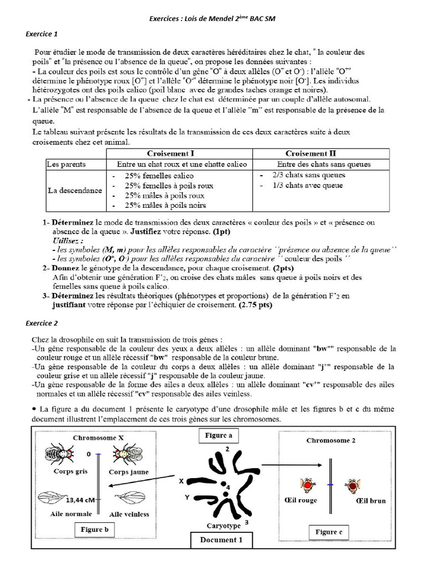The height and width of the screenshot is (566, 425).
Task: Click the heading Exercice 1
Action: click(x=42, y=34)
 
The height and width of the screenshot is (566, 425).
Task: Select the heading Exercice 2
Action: click(x=42, y=322)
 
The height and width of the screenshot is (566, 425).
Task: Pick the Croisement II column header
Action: click(x=310, y=153)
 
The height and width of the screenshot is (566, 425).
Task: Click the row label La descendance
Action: click(x=74, y=190)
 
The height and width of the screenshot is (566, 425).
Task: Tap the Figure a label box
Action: click(x=218, y=436)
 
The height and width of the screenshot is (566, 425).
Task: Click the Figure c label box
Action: click(x=329, y=532)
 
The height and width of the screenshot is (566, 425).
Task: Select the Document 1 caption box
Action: click(x=221, y=539)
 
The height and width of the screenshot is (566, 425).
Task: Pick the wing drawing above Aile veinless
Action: click(x=131, y=498)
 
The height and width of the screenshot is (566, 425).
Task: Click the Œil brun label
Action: click(x=370, y=501)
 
